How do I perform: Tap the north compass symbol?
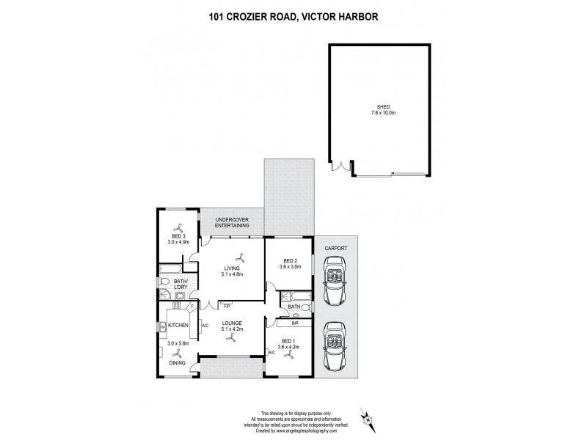[372, 420]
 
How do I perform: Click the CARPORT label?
[337, 248]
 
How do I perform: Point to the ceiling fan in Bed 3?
[178, 227]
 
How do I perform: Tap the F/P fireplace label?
[227, 305]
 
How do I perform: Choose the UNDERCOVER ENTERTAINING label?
[233, 223]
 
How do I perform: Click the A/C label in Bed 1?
[271, 353]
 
